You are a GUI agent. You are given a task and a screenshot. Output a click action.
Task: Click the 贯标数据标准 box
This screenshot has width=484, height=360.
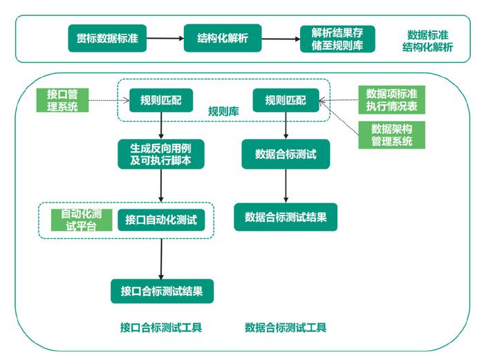[x=106, y=39]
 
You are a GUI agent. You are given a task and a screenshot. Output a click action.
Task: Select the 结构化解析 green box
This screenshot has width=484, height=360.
[x=223, y=39]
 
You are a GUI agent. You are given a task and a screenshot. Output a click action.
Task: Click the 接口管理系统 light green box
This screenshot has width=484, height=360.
[x=62, y=100]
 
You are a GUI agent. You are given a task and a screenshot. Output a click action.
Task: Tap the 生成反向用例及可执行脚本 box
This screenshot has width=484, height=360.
[x=160, y=153]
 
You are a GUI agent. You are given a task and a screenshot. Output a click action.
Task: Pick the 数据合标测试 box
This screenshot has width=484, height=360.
[x=286, y=154]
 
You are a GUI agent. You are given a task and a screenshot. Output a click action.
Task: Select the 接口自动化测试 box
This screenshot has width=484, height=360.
[x=161, y=220]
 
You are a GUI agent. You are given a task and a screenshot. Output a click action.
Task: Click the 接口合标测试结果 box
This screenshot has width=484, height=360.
[x=162, y=291]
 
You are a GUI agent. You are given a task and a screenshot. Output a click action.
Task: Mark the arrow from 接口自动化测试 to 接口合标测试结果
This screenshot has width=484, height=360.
[x=161, y=257]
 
